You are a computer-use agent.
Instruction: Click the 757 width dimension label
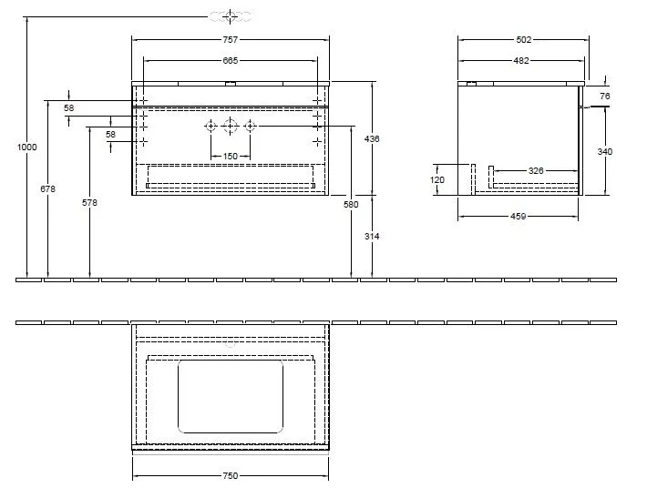[231, 40]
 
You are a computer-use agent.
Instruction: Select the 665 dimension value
[231, 60]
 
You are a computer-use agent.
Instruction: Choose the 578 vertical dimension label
[89, 202]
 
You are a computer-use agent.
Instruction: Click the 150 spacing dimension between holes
[231, 157]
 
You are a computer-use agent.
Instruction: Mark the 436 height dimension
[373, 139]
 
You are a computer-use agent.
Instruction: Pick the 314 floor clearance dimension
[373, 236]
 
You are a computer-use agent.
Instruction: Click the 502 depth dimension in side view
[522, 40]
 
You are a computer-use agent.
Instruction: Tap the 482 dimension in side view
[522, 60]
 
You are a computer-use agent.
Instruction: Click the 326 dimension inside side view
[536, 170]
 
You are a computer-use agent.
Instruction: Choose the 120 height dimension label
[437, 179]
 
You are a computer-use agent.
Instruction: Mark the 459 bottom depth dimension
[518, 217]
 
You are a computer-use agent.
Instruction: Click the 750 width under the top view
[231, 475]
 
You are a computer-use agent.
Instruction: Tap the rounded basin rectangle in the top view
[231, 394]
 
